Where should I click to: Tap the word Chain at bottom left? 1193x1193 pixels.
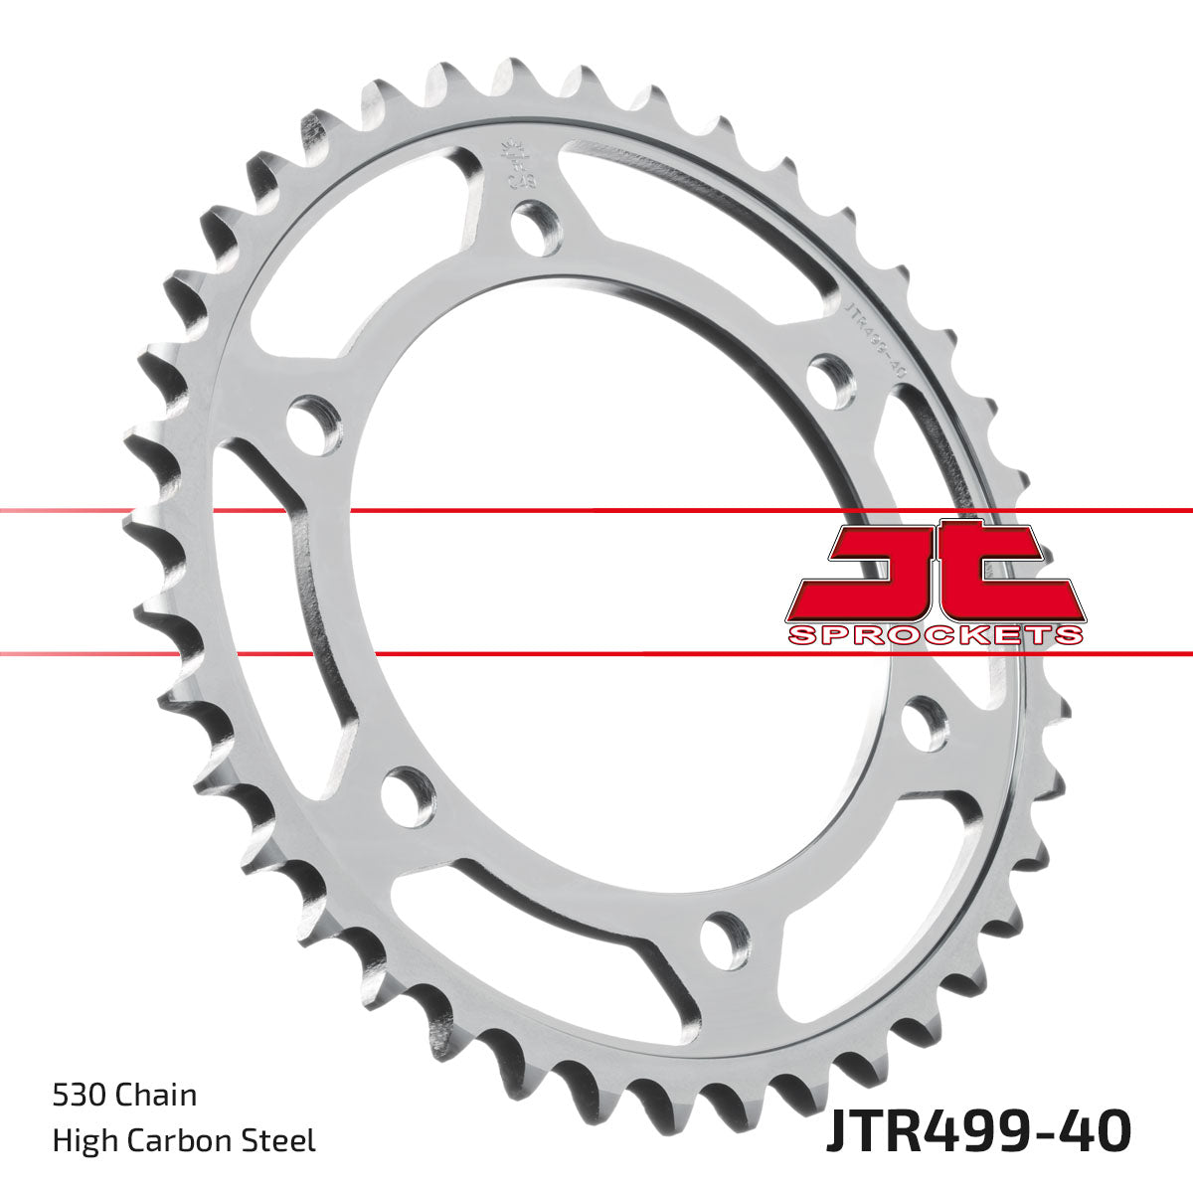click(x=156, y=1095)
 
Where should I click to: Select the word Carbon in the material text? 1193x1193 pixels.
click(x=184, y=1139)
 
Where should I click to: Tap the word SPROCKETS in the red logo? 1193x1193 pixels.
click(x=934, y=635)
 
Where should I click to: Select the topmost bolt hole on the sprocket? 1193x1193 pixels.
click(x=537, y=226)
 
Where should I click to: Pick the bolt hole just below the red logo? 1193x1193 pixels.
click(x=924, y=724)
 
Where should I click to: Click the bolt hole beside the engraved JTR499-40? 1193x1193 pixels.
click(x=831, y=379)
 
